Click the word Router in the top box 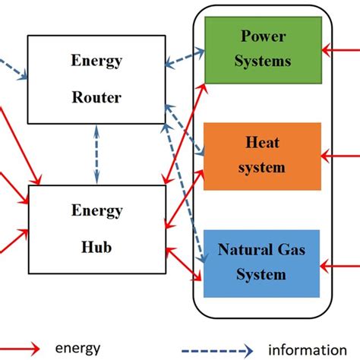(x=96, y=97)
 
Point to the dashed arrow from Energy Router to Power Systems (x=186, y=61)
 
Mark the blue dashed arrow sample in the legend (x=225, y=349)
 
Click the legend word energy (x=77, y=349)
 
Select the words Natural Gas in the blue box (x=255, y=249)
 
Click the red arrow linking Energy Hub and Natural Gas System (x=185, y=266)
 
